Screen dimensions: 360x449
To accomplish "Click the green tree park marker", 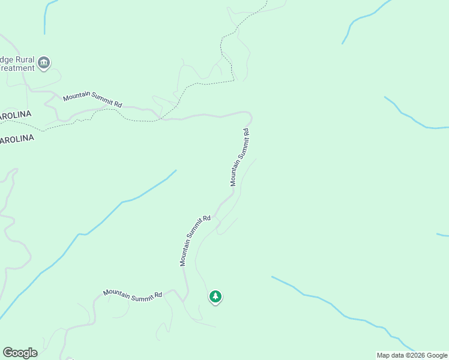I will pyautogui.click(x=215, y=296).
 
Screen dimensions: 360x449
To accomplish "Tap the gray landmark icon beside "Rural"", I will pyautogui.click(x=43, y=62).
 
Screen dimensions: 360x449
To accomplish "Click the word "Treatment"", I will pyautogui.click(x=17, y=68).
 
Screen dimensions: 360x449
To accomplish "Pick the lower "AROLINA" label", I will pyautogui.click(x=17, y=139).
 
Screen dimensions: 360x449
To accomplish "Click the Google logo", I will pyautogui.click(x=20, y=353).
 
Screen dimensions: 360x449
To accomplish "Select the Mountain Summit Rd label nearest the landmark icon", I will pyautogui.click(x=92, y=100).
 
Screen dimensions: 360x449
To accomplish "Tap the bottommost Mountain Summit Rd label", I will pyautogui.click(x=133, y=293).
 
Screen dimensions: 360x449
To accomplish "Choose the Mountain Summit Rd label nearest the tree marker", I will pyautogui.click(x=196, y=240).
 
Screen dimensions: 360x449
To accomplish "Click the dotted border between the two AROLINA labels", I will pyautogui.click(x=24, y=127).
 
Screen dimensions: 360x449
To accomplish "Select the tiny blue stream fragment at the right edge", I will pyautogui.click(x=443, y=235).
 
